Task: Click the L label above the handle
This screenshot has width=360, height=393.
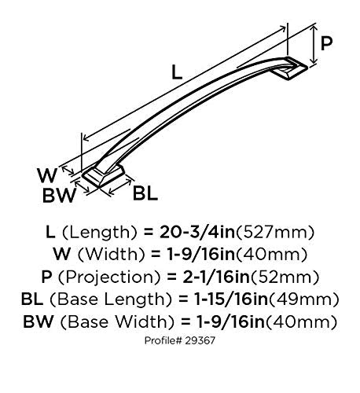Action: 177,72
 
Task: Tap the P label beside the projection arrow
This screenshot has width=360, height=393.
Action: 326,43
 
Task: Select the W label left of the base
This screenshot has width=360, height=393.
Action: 47,175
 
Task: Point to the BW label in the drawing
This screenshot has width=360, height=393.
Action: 59,196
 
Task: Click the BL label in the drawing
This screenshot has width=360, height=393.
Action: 145,193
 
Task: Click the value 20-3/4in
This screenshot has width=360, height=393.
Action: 197,232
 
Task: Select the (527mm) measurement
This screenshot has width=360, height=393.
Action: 275,233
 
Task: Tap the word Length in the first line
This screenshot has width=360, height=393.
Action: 99,233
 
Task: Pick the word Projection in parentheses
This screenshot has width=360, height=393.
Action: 108,277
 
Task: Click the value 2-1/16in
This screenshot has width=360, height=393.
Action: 216,277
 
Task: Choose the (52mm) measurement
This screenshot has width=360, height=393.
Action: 285,277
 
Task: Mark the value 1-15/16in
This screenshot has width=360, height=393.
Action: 231,299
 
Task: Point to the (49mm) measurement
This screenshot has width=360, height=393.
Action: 304,299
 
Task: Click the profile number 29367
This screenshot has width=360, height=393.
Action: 200,340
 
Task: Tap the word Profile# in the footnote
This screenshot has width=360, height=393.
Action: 163,340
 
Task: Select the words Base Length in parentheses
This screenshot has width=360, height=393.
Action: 111,299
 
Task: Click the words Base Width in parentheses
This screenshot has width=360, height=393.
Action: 118,321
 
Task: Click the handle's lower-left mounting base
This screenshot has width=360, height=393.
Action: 103,176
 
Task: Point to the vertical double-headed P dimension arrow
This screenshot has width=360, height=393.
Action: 313,44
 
